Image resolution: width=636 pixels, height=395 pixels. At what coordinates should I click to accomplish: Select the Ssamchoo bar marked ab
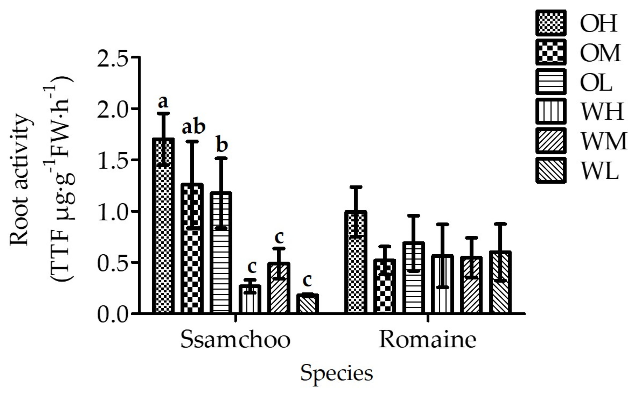(192, 251)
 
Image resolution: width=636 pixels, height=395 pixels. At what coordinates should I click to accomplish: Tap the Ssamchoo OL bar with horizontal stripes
(221, 255)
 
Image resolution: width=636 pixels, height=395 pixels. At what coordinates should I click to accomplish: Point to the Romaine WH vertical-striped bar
(442, 285)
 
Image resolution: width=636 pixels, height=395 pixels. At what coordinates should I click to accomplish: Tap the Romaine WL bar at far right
(500, 284)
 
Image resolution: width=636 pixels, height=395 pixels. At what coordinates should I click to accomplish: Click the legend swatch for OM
(551, 52)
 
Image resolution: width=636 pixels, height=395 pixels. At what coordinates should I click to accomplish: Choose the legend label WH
(601, 111)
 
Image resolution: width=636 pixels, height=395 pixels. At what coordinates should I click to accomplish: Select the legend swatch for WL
(551, 170)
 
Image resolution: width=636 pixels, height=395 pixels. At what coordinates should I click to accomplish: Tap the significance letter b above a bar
(222, 145)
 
